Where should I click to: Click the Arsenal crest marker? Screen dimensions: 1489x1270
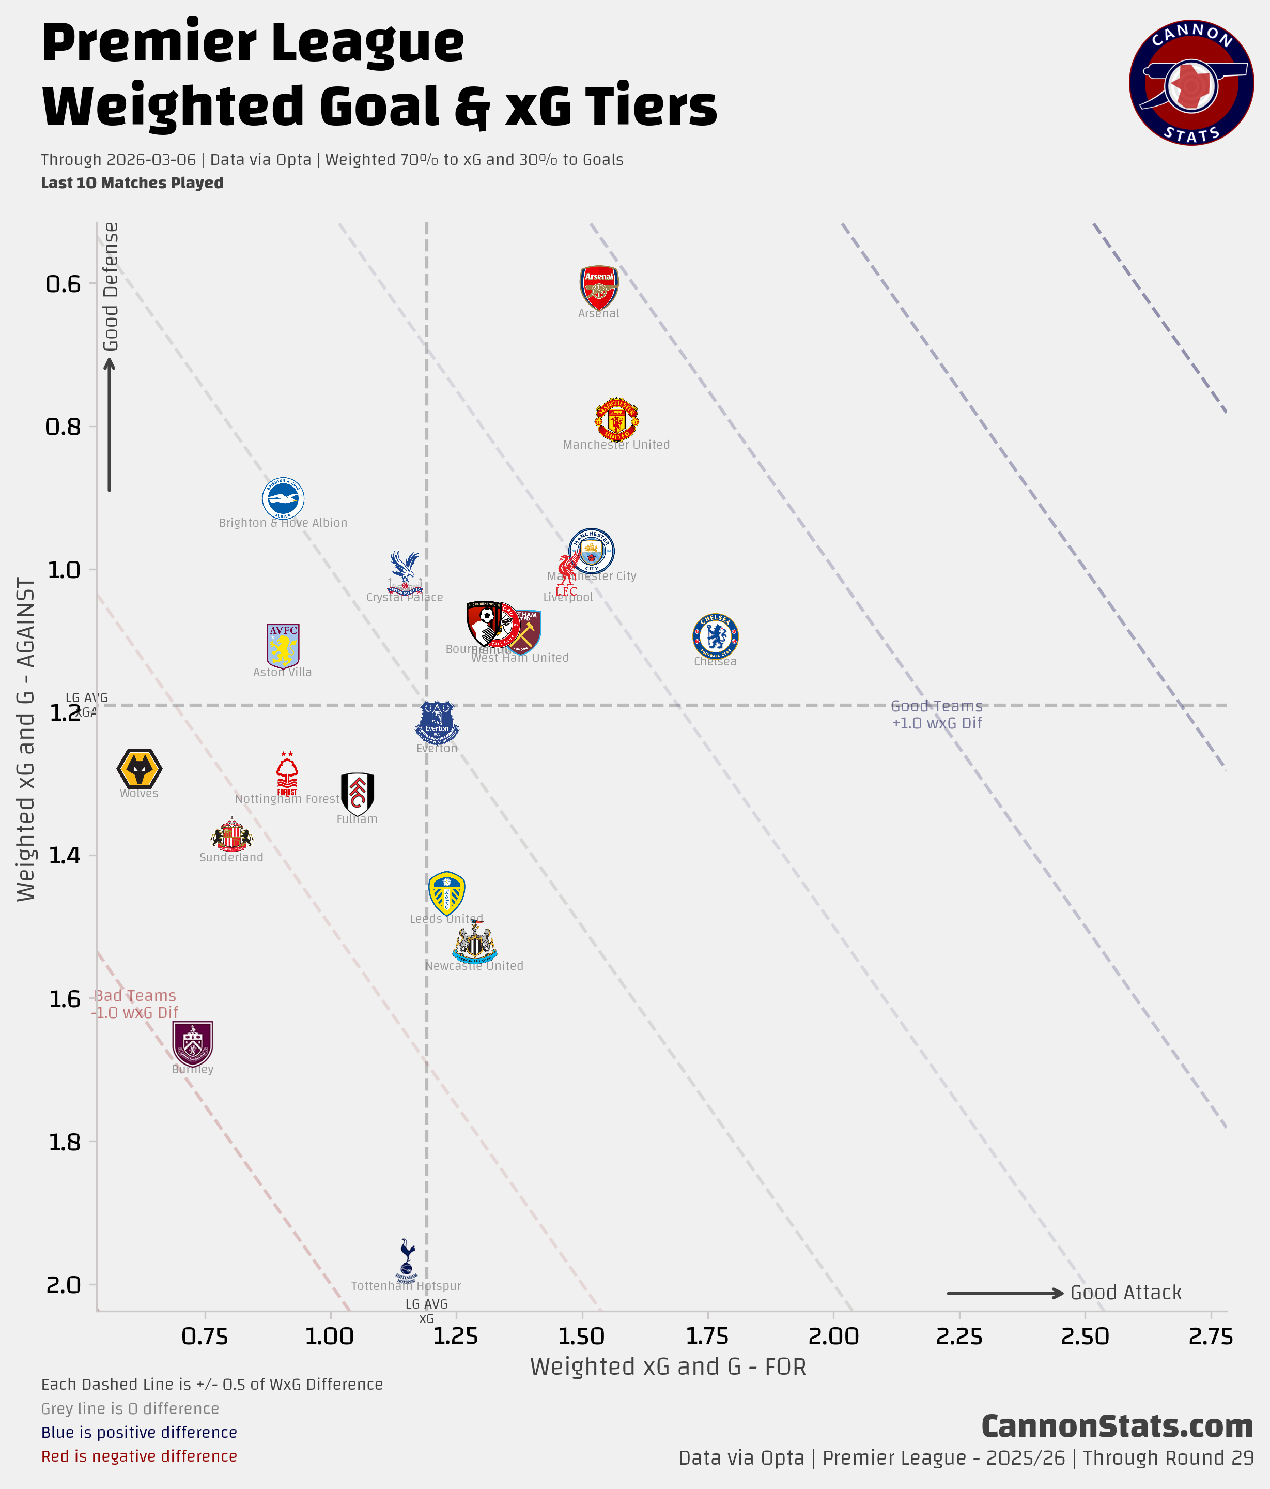coord(598,287)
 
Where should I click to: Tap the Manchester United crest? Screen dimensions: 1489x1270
coord(616,419)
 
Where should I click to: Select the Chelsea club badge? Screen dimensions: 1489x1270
coord(715,636)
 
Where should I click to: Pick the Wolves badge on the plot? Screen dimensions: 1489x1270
coord(140,769)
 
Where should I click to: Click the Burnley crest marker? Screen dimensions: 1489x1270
coord(193,1043)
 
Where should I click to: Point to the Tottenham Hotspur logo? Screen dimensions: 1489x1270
coord(407,1261)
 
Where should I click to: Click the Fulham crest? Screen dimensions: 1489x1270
coord(357,794)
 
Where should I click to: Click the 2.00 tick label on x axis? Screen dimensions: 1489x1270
coord(833,1336)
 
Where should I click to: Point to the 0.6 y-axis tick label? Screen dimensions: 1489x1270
coord(63,284)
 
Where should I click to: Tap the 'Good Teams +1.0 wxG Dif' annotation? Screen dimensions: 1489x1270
coord(937,715)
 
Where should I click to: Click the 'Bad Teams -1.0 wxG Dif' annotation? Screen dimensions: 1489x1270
coord(135,1004)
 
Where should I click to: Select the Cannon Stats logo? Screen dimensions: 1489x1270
coord(1191,83)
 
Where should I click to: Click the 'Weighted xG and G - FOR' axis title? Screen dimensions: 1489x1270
coord(668,1367)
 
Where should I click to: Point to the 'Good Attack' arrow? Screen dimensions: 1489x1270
coord(1005,1294)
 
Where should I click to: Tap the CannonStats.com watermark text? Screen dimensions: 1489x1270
coord(1117,1426)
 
